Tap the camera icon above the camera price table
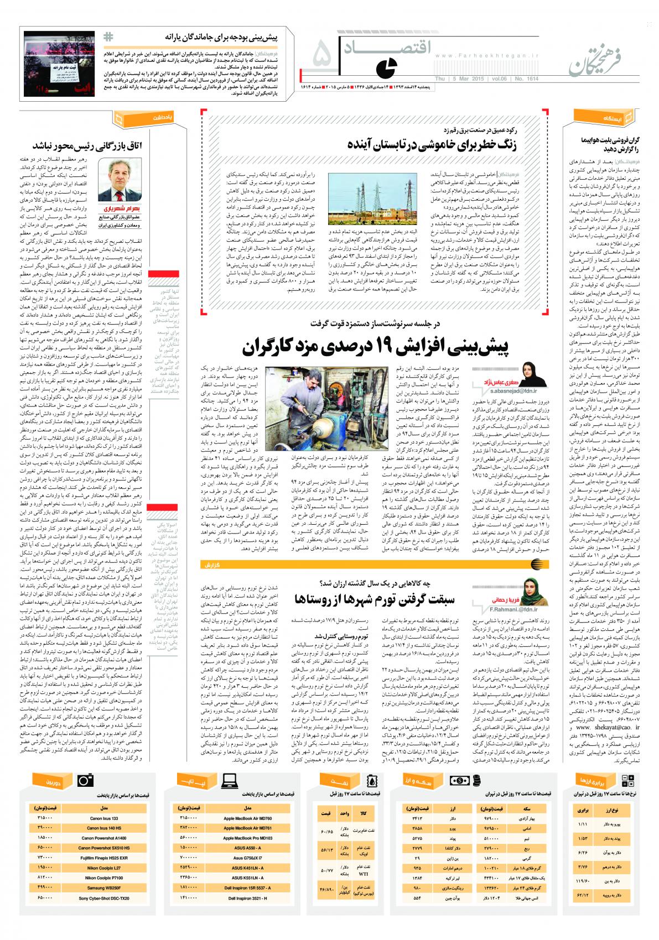[85, 780]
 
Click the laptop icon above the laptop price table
[229, 780]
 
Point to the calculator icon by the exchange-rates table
[628, 780]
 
